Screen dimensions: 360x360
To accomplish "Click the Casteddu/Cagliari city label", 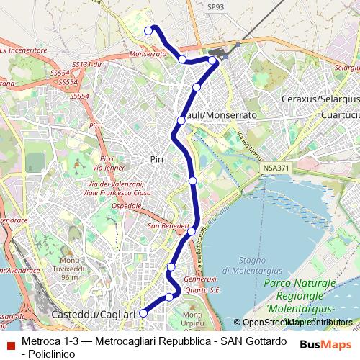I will tap(94, 315).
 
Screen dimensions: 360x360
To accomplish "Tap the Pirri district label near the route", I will tap(158, 158).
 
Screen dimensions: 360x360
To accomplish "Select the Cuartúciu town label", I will tap(341, 114).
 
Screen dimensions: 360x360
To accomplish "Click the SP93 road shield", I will tap(215, 6).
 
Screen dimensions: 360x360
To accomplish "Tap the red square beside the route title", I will tap(10, 345).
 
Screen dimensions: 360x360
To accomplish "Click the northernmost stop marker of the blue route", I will tap(148, 30).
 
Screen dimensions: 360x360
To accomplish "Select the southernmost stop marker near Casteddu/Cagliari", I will tap(143, 312).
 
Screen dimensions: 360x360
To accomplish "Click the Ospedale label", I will tap(127, 205).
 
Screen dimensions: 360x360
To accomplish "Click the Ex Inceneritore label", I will tap(22, 50).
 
